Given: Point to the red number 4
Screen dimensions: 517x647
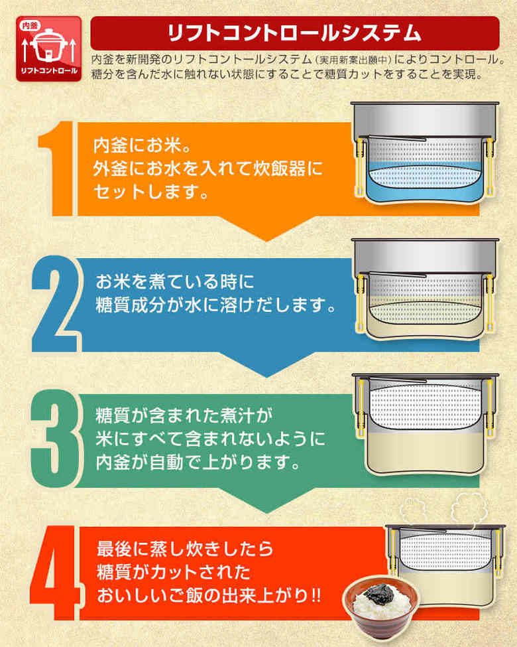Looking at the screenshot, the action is click(56, 573).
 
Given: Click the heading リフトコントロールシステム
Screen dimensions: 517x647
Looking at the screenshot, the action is click(294, 33).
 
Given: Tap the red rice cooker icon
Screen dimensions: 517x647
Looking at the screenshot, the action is click(48, 48).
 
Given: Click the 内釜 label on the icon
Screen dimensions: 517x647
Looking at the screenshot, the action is click(30, 26).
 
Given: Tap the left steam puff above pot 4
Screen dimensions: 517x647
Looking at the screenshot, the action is click(414, 509).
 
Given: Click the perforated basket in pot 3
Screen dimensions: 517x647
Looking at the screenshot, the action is click(425, 406).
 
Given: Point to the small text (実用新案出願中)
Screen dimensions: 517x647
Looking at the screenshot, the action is click(353, 60).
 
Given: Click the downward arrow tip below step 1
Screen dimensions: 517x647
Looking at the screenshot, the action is click(266, 241).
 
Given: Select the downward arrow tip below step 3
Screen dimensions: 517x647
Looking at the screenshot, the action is click(266, 513).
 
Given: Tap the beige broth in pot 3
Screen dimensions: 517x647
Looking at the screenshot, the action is click(425, 452).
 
